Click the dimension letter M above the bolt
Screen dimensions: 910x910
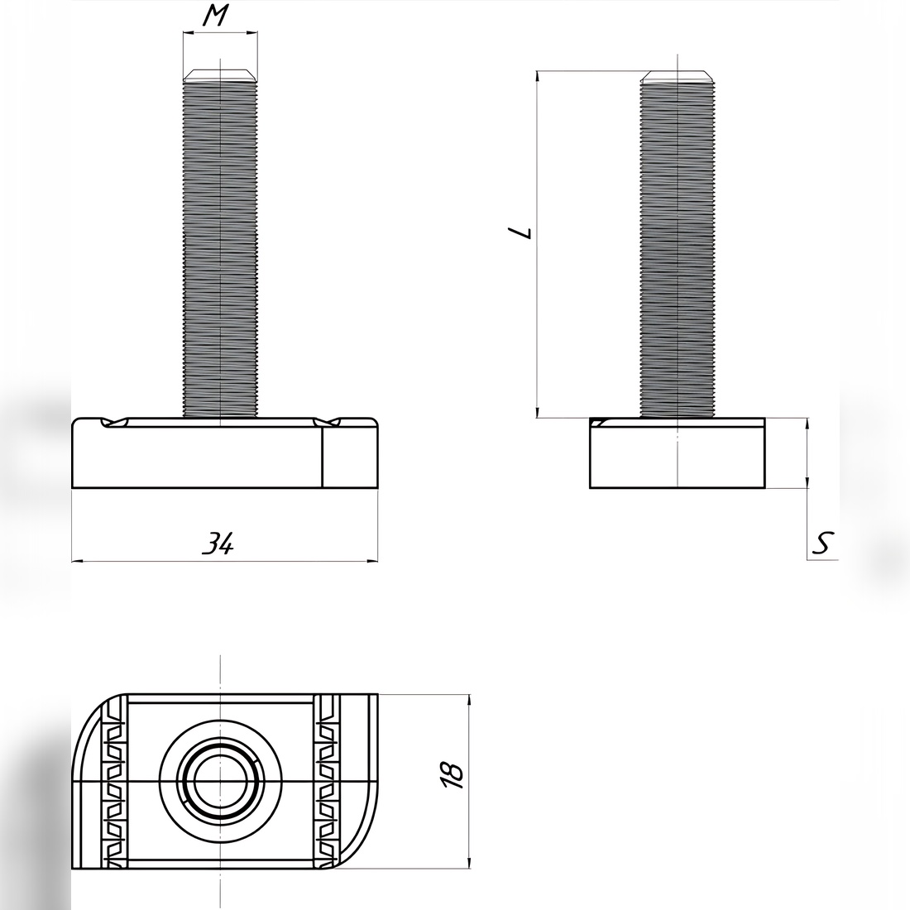tap(215, 16)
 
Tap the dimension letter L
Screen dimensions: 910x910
tap(520, 232)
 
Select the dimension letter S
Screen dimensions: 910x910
tap(822, 543)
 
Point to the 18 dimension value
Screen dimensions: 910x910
tap(453, 775)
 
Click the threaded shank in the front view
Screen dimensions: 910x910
tap(220, 249)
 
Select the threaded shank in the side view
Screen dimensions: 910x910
tap(678, 249)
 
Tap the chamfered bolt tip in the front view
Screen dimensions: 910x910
tap(220, 75)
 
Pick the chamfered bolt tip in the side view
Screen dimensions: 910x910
tap(678, 75)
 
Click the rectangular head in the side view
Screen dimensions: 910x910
tap(678, 453)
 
